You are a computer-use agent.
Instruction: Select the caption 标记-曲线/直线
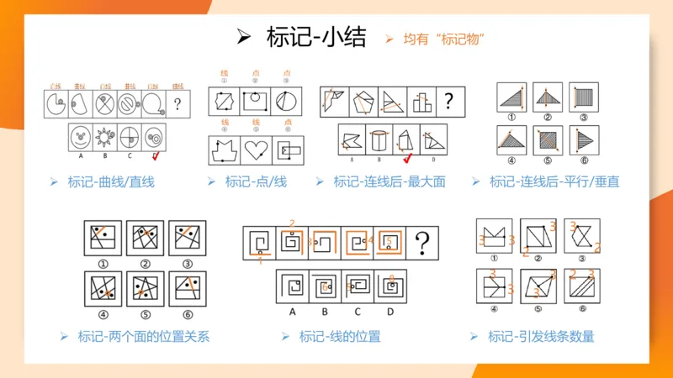coord(111,181)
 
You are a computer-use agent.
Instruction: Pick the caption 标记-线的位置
coord(340,337)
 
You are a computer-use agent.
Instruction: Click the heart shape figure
coord(256,150)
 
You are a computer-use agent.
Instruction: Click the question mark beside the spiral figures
coord(423,244)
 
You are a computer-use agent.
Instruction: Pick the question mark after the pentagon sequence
coord(448,102)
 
